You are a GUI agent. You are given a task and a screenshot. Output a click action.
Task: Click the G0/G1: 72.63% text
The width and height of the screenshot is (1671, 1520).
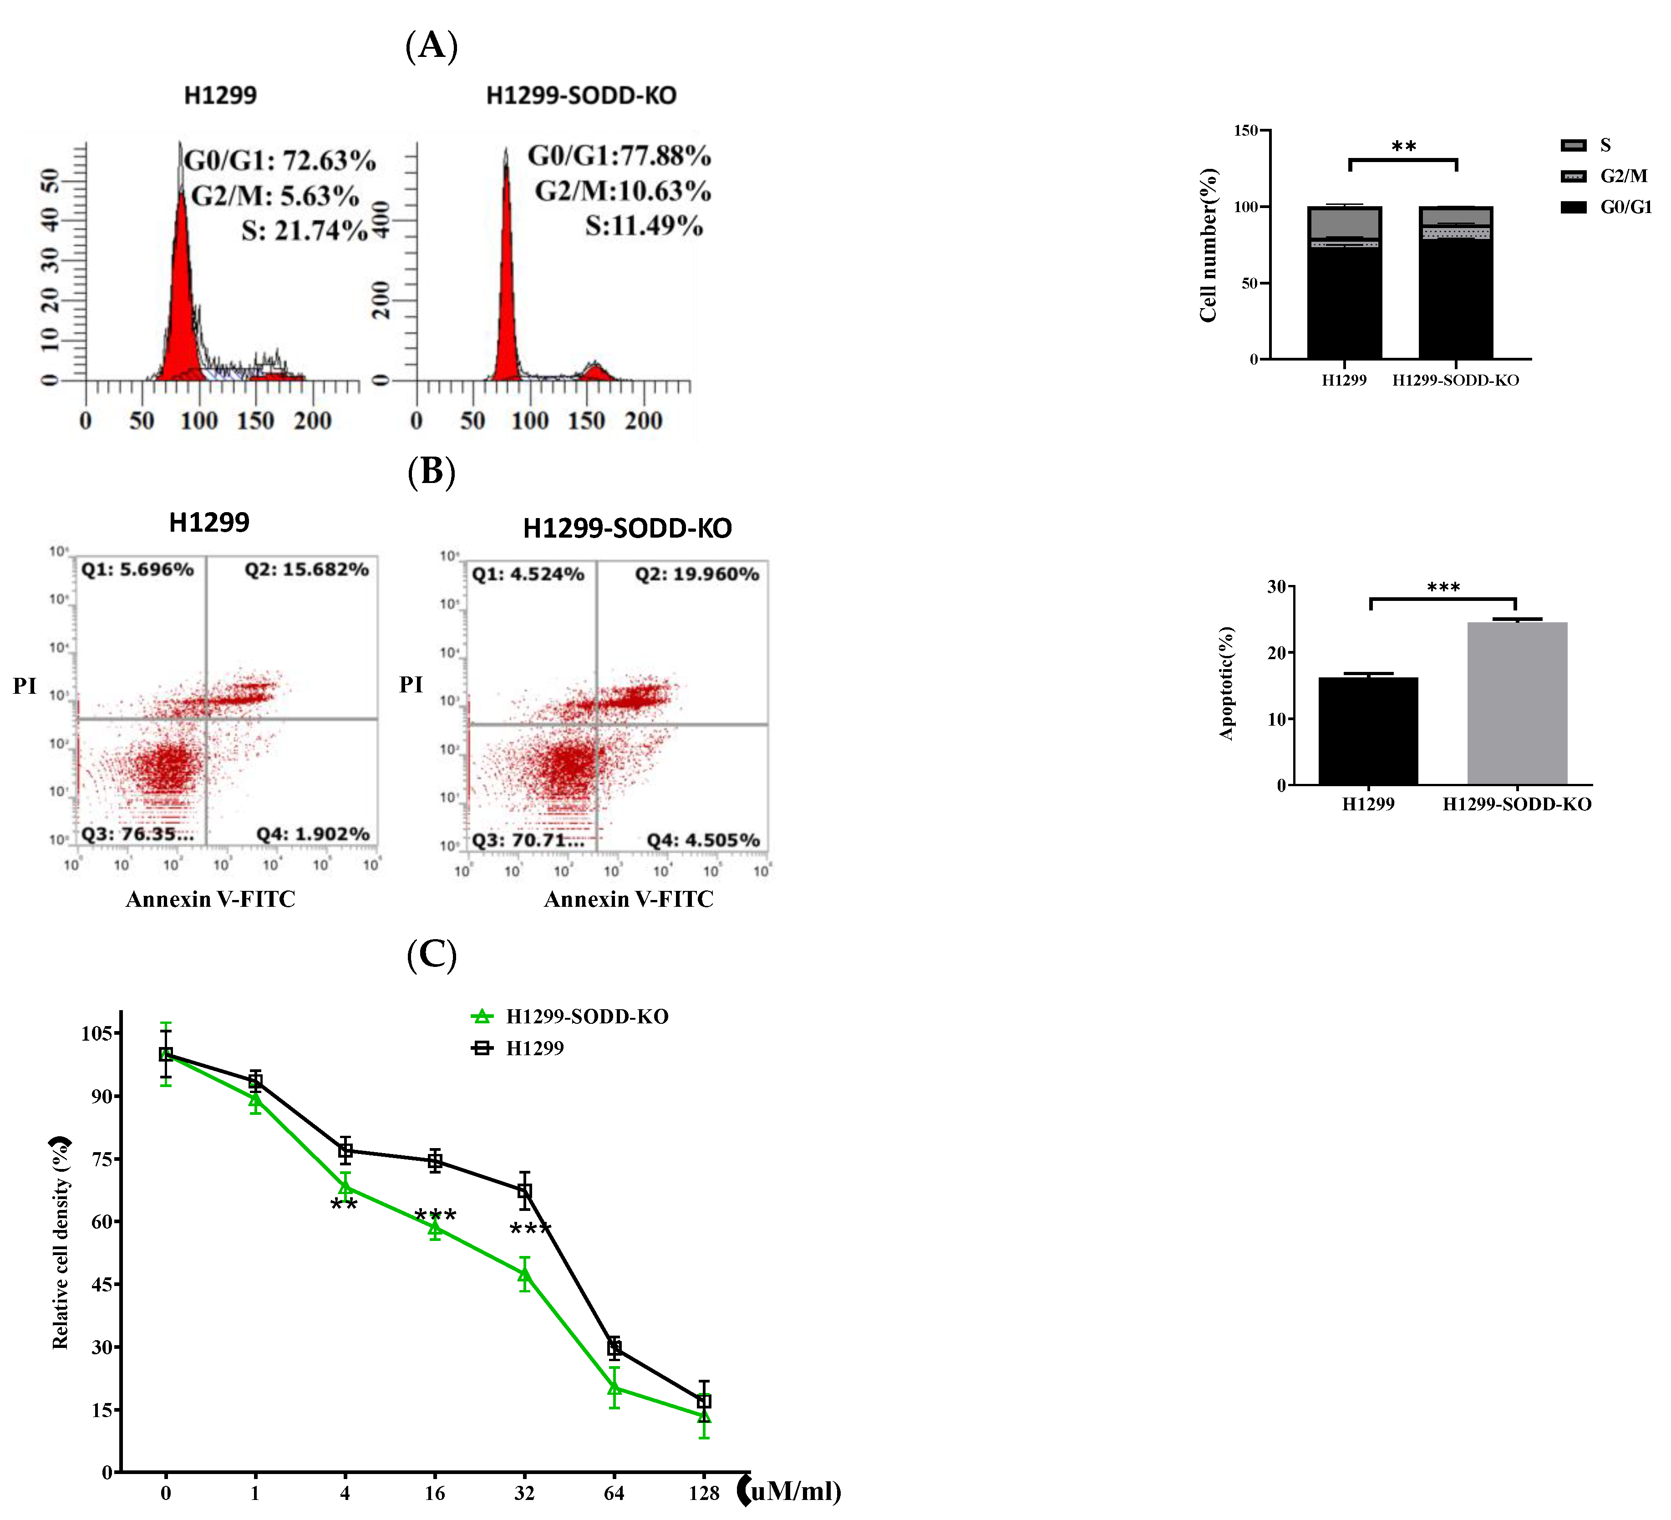click(279, 160)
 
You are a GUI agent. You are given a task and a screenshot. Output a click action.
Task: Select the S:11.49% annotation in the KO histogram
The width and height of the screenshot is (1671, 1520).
click(644, 225)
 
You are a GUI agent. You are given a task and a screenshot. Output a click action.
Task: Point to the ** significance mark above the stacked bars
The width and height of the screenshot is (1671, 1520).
click(1403, 147)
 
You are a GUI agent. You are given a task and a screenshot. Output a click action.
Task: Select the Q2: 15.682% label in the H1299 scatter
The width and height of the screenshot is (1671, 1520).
click(306, 569)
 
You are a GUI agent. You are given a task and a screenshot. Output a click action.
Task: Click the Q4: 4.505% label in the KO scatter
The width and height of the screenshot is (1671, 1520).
click(703, 840)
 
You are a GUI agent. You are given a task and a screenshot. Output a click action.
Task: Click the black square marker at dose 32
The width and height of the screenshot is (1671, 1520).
click(524, 1192)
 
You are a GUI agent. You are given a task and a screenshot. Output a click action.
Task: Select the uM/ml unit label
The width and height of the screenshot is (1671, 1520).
click(793, 1491)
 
